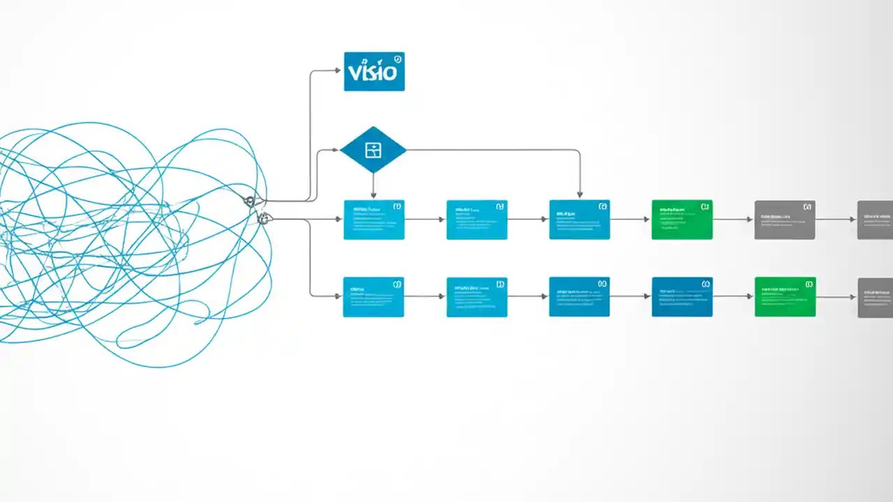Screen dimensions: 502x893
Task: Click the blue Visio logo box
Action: coord(374,71)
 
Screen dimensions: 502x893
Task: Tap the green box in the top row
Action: coord(682,220)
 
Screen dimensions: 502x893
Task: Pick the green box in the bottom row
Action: coord(785,296)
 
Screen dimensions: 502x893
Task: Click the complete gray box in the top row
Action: coord(785,220)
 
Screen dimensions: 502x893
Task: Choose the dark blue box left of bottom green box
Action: coord(682,296)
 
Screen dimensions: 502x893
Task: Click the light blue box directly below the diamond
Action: coord(374,220)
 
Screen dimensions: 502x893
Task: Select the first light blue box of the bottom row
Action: coord(373,296)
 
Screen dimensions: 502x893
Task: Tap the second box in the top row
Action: coord(476,220)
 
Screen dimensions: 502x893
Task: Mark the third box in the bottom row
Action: coord(579,296)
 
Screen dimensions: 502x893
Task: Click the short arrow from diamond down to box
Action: coord(373,185)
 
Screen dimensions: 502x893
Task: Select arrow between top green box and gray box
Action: coord(733,219)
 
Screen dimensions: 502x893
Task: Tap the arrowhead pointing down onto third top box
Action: coord(580,195)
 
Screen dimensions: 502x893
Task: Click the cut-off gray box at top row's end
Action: coord(876,220)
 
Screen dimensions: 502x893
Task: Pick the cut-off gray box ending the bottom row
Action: coord(876,297)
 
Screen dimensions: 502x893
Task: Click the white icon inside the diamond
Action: coord(373,149)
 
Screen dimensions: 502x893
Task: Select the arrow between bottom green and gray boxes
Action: coord(836,296)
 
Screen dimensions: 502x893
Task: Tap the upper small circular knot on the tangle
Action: coord(250,201)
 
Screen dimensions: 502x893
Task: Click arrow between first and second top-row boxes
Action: coord(425,219)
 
